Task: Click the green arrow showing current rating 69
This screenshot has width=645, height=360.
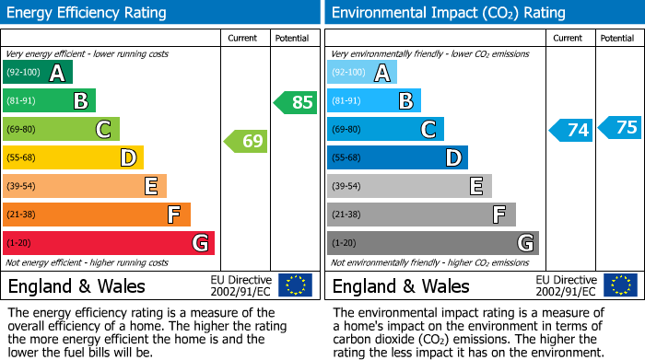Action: click(245, 142)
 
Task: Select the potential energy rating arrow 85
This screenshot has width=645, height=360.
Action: click(296, 102)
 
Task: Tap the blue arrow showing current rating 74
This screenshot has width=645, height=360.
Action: click(570, 130)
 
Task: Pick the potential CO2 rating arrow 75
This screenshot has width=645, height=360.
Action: click(619, 127)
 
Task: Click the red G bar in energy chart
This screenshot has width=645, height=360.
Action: click(109, 243)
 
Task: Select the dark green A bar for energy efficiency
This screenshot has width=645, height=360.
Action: click(38, 73)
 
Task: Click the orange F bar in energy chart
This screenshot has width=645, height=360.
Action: click(97, 215)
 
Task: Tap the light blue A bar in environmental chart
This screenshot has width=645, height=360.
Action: click(362, 73)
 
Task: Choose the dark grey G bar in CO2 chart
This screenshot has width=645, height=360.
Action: click(432, 243)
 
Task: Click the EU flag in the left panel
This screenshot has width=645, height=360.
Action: click(295, 285)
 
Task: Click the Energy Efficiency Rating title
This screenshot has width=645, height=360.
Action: click(88, 13)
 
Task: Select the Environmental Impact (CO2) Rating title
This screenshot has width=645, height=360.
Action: click(448, 13)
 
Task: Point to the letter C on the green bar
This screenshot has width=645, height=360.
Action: click(104, 130)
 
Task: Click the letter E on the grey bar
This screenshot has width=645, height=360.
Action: click(476, 186)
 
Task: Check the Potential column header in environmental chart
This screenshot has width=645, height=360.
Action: click(617, 38)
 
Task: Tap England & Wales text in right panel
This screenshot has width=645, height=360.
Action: click(401, 286)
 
